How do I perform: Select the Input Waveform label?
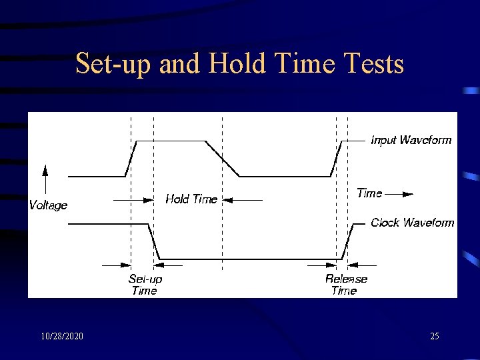pos(411,140)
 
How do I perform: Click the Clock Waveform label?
pos(412,223)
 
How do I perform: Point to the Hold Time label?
pos(191,199)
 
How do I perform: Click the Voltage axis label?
pos(48,205)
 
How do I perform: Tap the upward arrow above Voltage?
pos(45,179)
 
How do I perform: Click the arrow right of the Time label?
pos(399,194)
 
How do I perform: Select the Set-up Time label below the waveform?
pos(145,285)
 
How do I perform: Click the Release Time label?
pos(345,285)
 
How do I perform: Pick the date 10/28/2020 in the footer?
pos(61,336)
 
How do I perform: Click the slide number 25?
pos(434,336)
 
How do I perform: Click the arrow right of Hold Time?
pos(241,199)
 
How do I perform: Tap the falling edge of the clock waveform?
pos(153,241)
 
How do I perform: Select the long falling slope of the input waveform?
pos(222,159)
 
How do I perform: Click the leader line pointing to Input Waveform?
pos(357,141)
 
